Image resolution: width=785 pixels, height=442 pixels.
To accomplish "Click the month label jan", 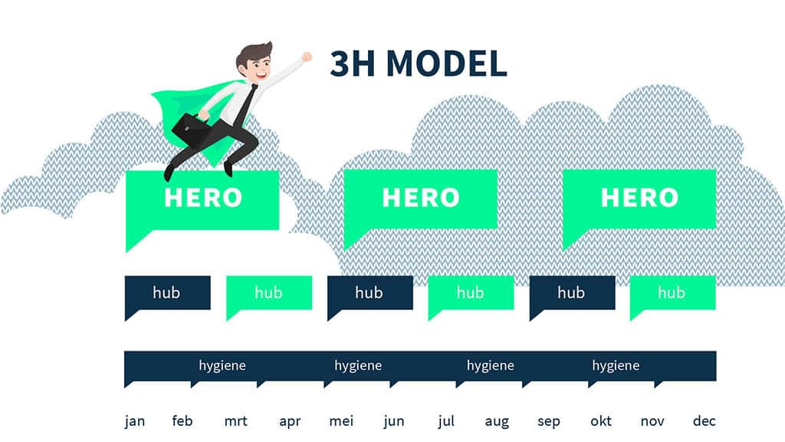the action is coord(135,421).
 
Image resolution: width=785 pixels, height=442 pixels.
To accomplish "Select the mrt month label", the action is coord(236,421).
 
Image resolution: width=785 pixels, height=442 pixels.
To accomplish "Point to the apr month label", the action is coord(290,421).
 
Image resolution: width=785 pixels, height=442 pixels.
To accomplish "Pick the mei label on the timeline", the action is coord(341,421).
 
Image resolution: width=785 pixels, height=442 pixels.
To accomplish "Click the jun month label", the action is coord(394,421).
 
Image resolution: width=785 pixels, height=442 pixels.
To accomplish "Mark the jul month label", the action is coord(446,421).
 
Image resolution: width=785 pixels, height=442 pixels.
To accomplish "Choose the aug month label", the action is coord(497,422).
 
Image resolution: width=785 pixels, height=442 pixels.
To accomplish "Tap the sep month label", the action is coord(549,422).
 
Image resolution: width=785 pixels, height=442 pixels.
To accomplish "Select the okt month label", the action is coord(601,421).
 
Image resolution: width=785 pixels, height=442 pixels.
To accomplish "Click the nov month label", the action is coord(652,421).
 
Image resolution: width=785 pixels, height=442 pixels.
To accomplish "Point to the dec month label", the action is coord(704,421).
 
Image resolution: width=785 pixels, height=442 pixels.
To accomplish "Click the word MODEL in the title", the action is coord(447,64).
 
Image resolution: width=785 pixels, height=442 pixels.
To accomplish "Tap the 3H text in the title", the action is coord(353,64).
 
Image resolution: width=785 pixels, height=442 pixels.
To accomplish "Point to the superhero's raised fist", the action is coord(307,57).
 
